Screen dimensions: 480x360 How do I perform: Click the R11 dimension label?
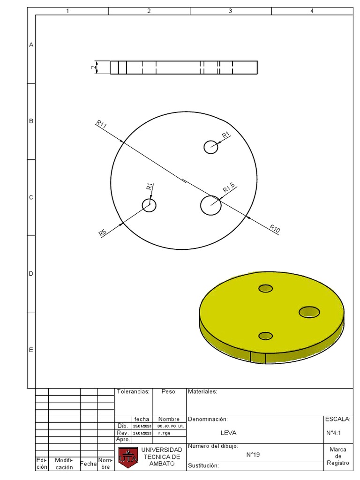pos(101,124)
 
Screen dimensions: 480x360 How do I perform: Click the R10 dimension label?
pos(275,229)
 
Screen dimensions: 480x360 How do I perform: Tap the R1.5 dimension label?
pos(229,188)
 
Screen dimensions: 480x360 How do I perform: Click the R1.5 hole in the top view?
pos(211,205)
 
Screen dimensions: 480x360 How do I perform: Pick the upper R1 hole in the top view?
pos(211,147)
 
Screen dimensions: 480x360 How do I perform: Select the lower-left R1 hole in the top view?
pos(149,205)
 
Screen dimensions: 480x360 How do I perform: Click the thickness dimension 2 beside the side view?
pos(94,67)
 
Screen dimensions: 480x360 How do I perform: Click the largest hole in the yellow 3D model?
pos(309,312)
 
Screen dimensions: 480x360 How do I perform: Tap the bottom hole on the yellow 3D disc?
pos(265,336)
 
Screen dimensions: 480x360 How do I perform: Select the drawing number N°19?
pos(253,455)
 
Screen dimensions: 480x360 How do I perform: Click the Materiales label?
pos(202,392)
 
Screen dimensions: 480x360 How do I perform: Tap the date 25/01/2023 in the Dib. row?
pos(142,426)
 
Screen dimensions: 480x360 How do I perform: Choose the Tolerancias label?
pos(133,392)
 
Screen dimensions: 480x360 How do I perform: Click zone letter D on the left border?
pos(31,274)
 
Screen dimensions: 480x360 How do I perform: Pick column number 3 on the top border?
pos(230,11)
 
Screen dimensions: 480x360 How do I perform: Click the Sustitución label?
pos(203,465)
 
